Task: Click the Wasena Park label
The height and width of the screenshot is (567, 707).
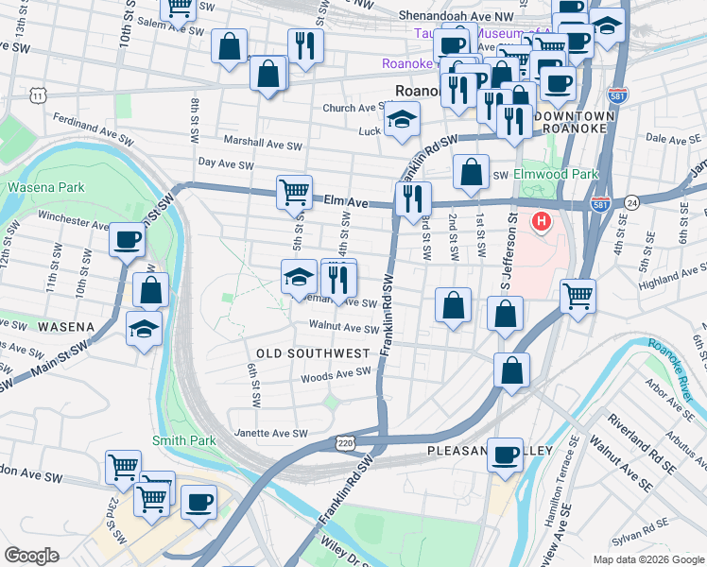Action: (41, 187)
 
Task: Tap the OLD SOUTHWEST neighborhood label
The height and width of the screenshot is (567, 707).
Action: (313, 353)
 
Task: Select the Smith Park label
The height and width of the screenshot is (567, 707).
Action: (183, 440)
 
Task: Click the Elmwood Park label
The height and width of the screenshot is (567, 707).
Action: (556, 175)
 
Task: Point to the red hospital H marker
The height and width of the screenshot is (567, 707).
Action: (541, 223)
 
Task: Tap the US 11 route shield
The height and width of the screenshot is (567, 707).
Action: (37, 95)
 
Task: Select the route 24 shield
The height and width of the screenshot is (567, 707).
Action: (631, 201)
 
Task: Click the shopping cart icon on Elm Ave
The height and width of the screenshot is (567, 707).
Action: (294, 192)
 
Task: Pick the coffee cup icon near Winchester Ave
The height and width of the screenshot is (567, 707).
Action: (127, 239)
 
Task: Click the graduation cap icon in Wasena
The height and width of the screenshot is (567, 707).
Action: (144, 328)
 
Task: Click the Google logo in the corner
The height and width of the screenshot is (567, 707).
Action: (31, 556)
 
